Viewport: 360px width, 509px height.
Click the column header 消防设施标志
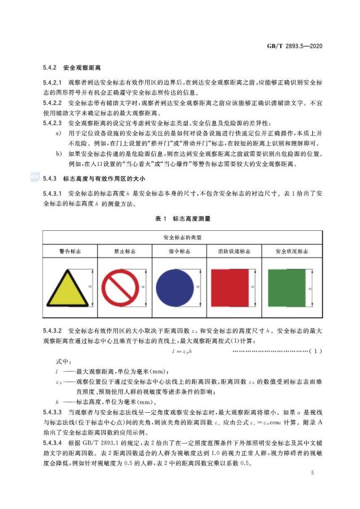pos(235,251)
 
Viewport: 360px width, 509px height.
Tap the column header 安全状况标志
pos(291,251)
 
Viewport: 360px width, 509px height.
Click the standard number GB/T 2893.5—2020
pos(294,46)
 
